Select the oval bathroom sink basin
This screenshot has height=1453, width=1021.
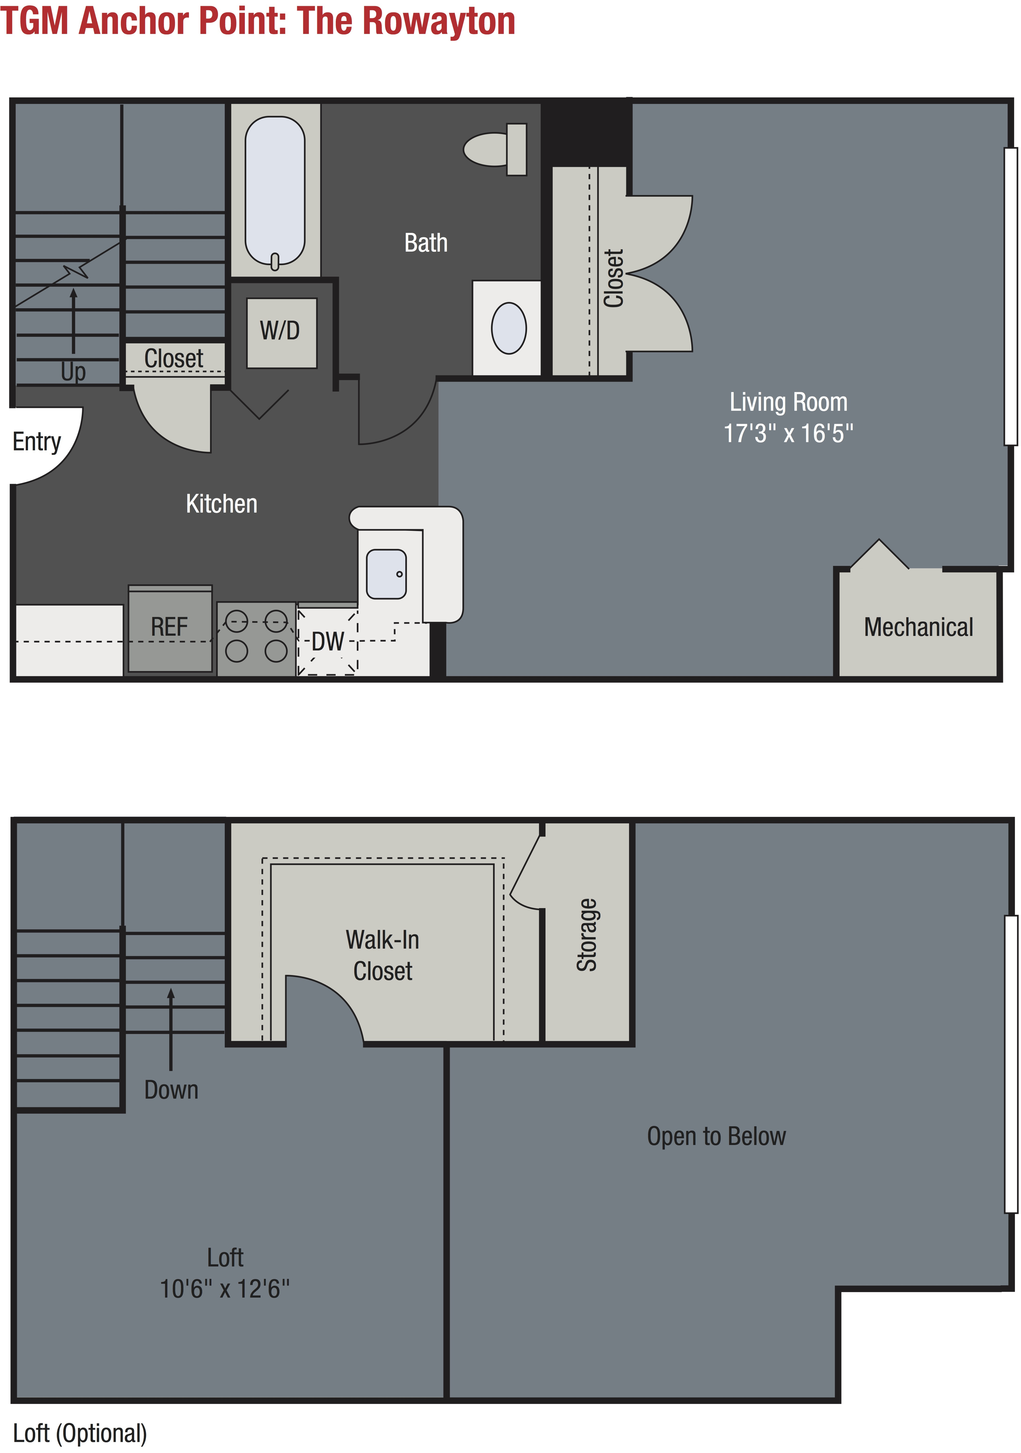tap(509, 328)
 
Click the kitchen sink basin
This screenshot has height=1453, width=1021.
tap(386, 574)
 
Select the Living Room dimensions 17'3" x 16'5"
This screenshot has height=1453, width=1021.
tap(788, 433)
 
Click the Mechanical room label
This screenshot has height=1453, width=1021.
tap(919, 627)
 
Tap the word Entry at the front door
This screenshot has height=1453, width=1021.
tap(37, 442)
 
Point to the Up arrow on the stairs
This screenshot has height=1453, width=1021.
tap(73, 321)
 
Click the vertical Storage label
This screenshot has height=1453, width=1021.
tap(587, 935)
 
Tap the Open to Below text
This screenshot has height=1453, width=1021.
tap(717, 1136)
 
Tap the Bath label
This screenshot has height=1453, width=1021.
tap(426, 243)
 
